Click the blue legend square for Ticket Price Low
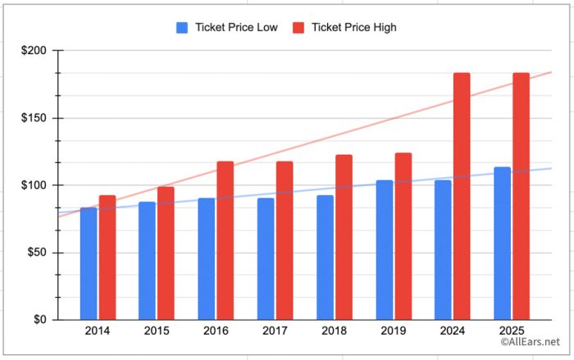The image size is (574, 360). point(182,28)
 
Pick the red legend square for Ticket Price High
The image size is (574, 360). point(298,28)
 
